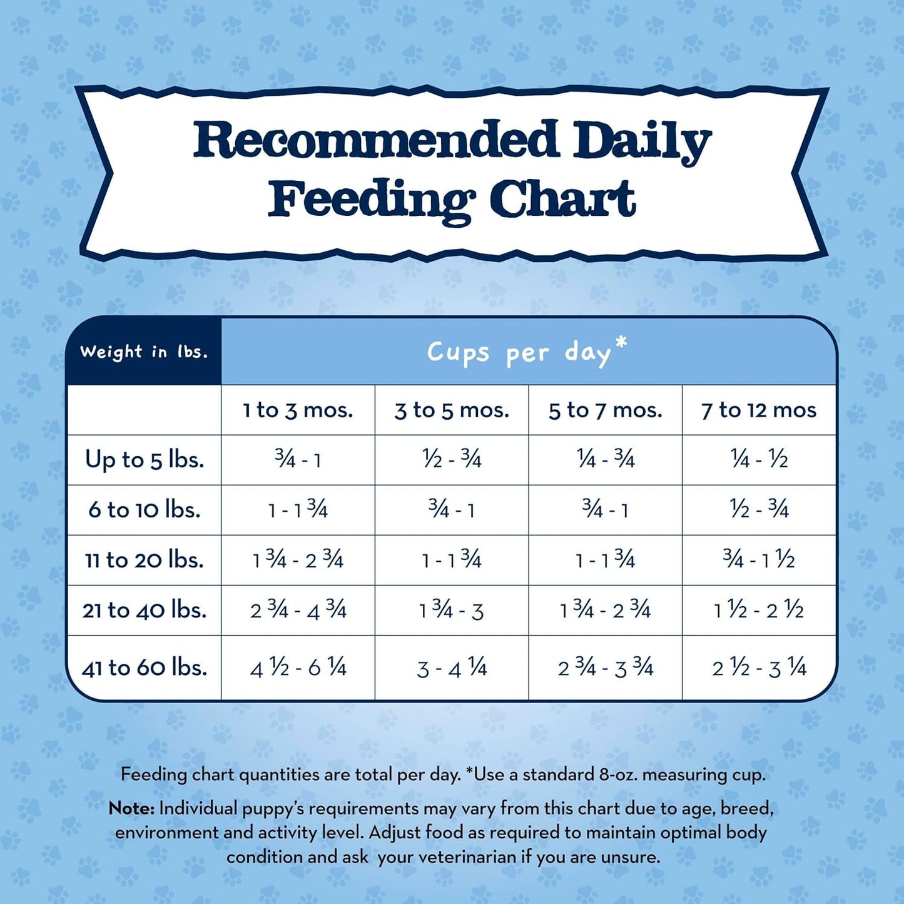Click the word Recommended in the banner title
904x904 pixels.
pyautogui.click(x=375, y=141)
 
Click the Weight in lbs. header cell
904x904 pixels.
pyautogui.click(x=143, y=352)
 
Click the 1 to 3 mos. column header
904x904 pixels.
pyautogui.click(x=298, y=410)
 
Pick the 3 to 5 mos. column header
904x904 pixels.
pyautogui.click(x=452, y=410)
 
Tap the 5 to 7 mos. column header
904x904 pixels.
pyautogui.click(x=605, y=410)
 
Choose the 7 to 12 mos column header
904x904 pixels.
pyautogui.click(x=759, y=410)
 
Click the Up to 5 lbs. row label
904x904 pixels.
pyautogui.click(x=145, y=460)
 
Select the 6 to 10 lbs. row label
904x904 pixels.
pyautogui.click(x=145, y=510)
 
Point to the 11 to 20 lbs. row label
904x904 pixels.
pyautogui.click(x=145, y=560)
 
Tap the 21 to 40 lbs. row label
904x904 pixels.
pyautogui.click(x=145, y=610)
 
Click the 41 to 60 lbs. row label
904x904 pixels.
pyautogui.click(x=145, y=668)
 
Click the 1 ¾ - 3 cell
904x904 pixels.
pyautogui.click(x=452, y=610)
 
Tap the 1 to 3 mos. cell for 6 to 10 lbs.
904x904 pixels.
pyautogui.click(x=298, y=510)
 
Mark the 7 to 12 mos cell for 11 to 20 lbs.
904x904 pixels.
pyautogui.click(x=759, y=560)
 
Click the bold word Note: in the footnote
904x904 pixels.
pyautogui.click(x=131, y=808)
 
